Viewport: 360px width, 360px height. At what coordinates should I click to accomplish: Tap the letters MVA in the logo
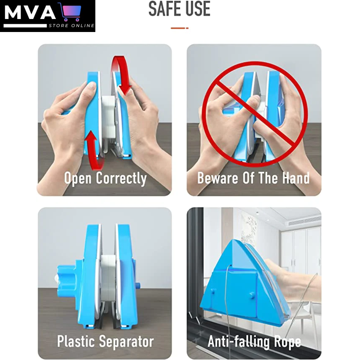30,13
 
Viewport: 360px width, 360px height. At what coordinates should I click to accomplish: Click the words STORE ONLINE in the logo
71,25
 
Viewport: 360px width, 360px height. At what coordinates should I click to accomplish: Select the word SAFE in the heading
163,9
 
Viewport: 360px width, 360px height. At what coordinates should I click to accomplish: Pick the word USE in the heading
197,9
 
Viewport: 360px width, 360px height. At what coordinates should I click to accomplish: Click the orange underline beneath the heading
179,28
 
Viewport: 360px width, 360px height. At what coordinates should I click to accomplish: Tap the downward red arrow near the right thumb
121,75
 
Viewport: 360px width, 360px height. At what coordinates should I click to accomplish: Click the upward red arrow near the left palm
94,150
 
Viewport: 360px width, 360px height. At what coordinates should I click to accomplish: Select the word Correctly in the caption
121,178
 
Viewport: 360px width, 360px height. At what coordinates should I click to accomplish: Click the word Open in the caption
78,178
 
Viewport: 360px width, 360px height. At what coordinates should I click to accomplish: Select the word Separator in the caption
127,342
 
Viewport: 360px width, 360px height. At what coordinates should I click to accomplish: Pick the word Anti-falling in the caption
239,342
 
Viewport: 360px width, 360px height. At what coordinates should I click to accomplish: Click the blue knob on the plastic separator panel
66,279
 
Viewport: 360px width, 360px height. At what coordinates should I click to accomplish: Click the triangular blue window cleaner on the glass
243,282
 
